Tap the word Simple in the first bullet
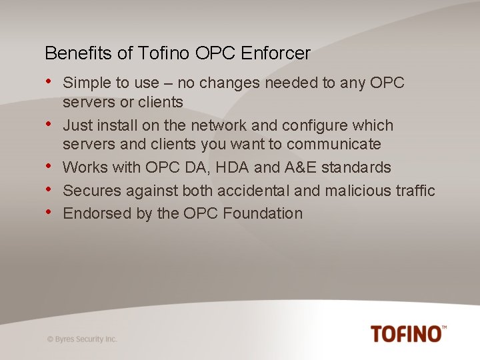[x=84, y=83]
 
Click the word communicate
[x=333, y=145]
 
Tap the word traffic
[x=415, y=191]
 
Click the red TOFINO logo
[x=408, y=333]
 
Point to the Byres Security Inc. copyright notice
[x=82, y=339]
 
